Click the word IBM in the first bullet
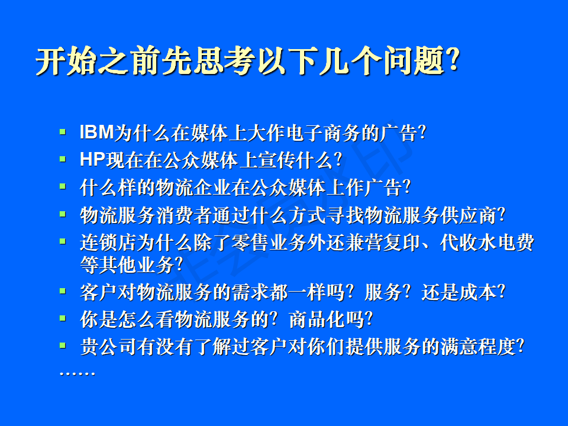96,132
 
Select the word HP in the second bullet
92,159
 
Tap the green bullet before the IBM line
62,131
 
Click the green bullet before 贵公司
62,345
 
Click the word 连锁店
108,243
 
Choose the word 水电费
506,243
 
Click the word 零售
250,243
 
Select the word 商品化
318,319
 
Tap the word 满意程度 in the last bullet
478,347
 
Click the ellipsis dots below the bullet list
77,373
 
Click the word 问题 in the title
414,60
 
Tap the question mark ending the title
453,60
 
